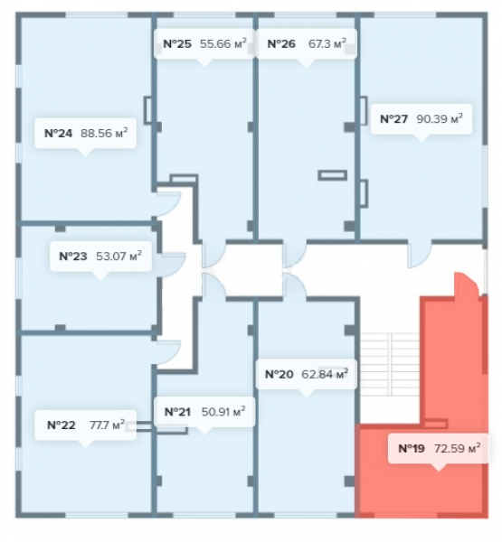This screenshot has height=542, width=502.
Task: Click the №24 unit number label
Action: coord(59,134)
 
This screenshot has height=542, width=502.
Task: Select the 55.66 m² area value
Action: coord(223,43)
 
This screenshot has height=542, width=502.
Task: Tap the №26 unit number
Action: coord(281,44)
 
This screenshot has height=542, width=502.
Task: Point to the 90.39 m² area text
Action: coord(440,118)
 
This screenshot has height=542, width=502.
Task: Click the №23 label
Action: coord(73,257)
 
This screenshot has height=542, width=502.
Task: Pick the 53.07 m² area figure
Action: coord(118,257)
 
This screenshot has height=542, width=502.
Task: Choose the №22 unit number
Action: coord(61,425)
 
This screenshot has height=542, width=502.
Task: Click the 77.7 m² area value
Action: coord(107,425)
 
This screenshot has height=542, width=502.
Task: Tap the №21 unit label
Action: coord(177,412)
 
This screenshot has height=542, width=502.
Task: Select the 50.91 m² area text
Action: coord(223,411)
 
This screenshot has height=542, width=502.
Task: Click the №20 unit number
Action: coord(279,374)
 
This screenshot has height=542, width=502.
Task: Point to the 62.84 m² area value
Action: coord(325,374)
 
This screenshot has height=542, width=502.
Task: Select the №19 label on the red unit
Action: coord(412,448)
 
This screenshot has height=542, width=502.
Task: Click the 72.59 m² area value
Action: coord(458,448)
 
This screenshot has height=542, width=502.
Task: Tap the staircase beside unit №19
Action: coord(390,364)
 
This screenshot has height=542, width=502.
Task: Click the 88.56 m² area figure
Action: coord(104,133)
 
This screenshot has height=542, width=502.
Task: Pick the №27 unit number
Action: coord(394,119)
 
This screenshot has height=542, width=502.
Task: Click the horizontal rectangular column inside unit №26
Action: coord(332,175)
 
